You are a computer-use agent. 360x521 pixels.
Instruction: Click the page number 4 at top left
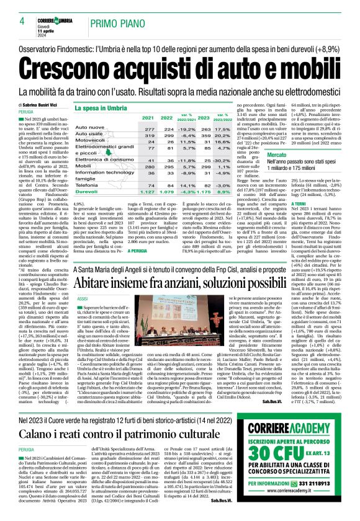pyautogui.click(x=12, y=22)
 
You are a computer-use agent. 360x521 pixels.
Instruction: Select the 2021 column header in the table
pyautogui.click(x=131, y=117)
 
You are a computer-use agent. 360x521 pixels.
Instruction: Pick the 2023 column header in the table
pyautogui.click(x=167, y=117)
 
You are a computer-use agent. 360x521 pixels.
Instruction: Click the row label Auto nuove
pyautogui.click(x=89, y=127)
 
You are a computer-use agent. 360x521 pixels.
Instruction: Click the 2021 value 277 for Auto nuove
pyautogui.click(x=131, y=127)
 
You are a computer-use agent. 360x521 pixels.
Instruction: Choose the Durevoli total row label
pyautogui.click(x=87, y=192)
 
